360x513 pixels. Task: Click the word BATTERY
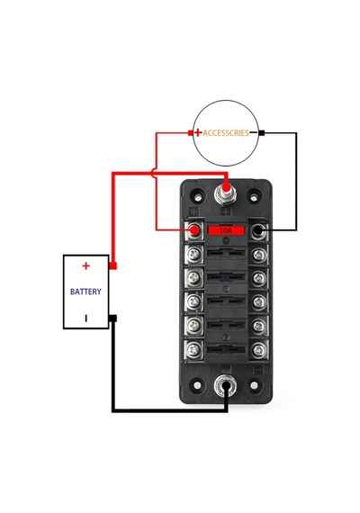pyautogui.click(x=85, y=292)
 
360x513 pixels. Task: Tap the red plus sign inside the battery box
pyautogui.click(x=85, y=265)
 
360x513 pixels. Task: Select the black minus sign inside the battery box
pyautogui.click(x=86, y=318)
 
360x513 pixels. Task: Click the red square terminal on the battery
pyautogui.click(x=112, y=265)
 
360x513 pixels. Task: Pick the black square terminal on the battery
pyautogui.click(x=112, y=318)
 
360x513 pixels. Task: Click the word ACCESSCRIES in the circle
pyautogui.click(x=226, y=133)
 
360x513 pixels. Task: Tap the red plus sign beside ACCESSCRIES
pyautogui.click(x=198, y=132)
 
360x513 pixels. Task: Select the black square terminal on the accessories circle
pyautogui.click(x=262, y=133)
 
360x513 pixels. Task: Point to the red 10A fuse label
pyautogui.click(x=226, y=230)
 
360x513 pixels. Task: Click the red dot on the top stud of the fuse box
pyautogui.click(x=226, y=188)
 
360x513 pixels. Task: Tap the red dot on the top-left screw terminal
pyautogui.click(x=194, y=230)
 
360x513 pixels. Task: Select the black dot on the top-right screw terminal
pyautogui.click(x=258, y=230)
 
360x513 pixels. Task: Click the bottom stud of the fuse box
pyautogui.click(x=226, y=385)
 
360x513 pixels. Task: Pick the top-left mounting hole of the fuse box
pyautogui.click(x=198, y=197)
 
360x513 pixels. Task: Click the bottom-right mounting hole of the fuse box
pyautogui.click(x=254, y=385)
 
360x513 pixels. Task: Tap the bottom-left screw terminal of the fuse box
pyautogui.click(x=193, y=350)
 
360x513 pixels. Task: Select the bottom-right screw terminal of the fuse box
pyautogui.click(x=258, y=350)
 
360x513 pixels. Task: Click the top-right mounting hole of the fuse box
pyautogui.click(x=254, y=197)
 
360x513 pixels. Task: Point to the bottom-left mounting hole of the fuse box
pyautogui.click(x=197, y=385)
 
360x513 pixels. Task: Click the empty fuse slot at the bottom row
pyautogui.click(x=226, y=349)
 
